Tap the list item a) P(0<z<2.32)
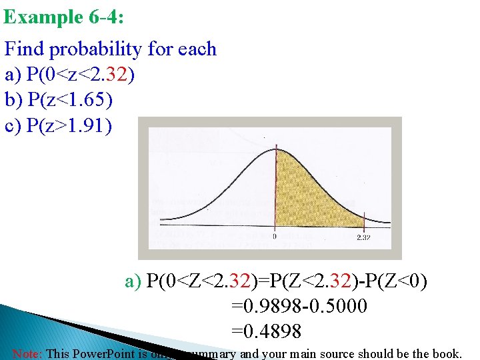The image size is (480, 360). pos(70,75)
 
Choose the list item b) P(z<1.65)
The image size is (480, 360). pos(59,100)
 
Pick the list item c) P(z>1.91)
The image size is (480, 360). pos(59,125)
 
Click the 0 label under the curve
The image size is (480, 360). pos(275,236)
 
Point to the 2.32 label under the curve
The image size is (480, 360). pos(363,237)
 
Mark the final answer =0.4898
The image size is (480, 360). pos(266,330)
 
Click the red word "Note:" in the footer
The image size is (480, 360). pos(26,353)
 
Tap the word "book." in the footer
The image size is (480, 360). pos(445,353)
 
